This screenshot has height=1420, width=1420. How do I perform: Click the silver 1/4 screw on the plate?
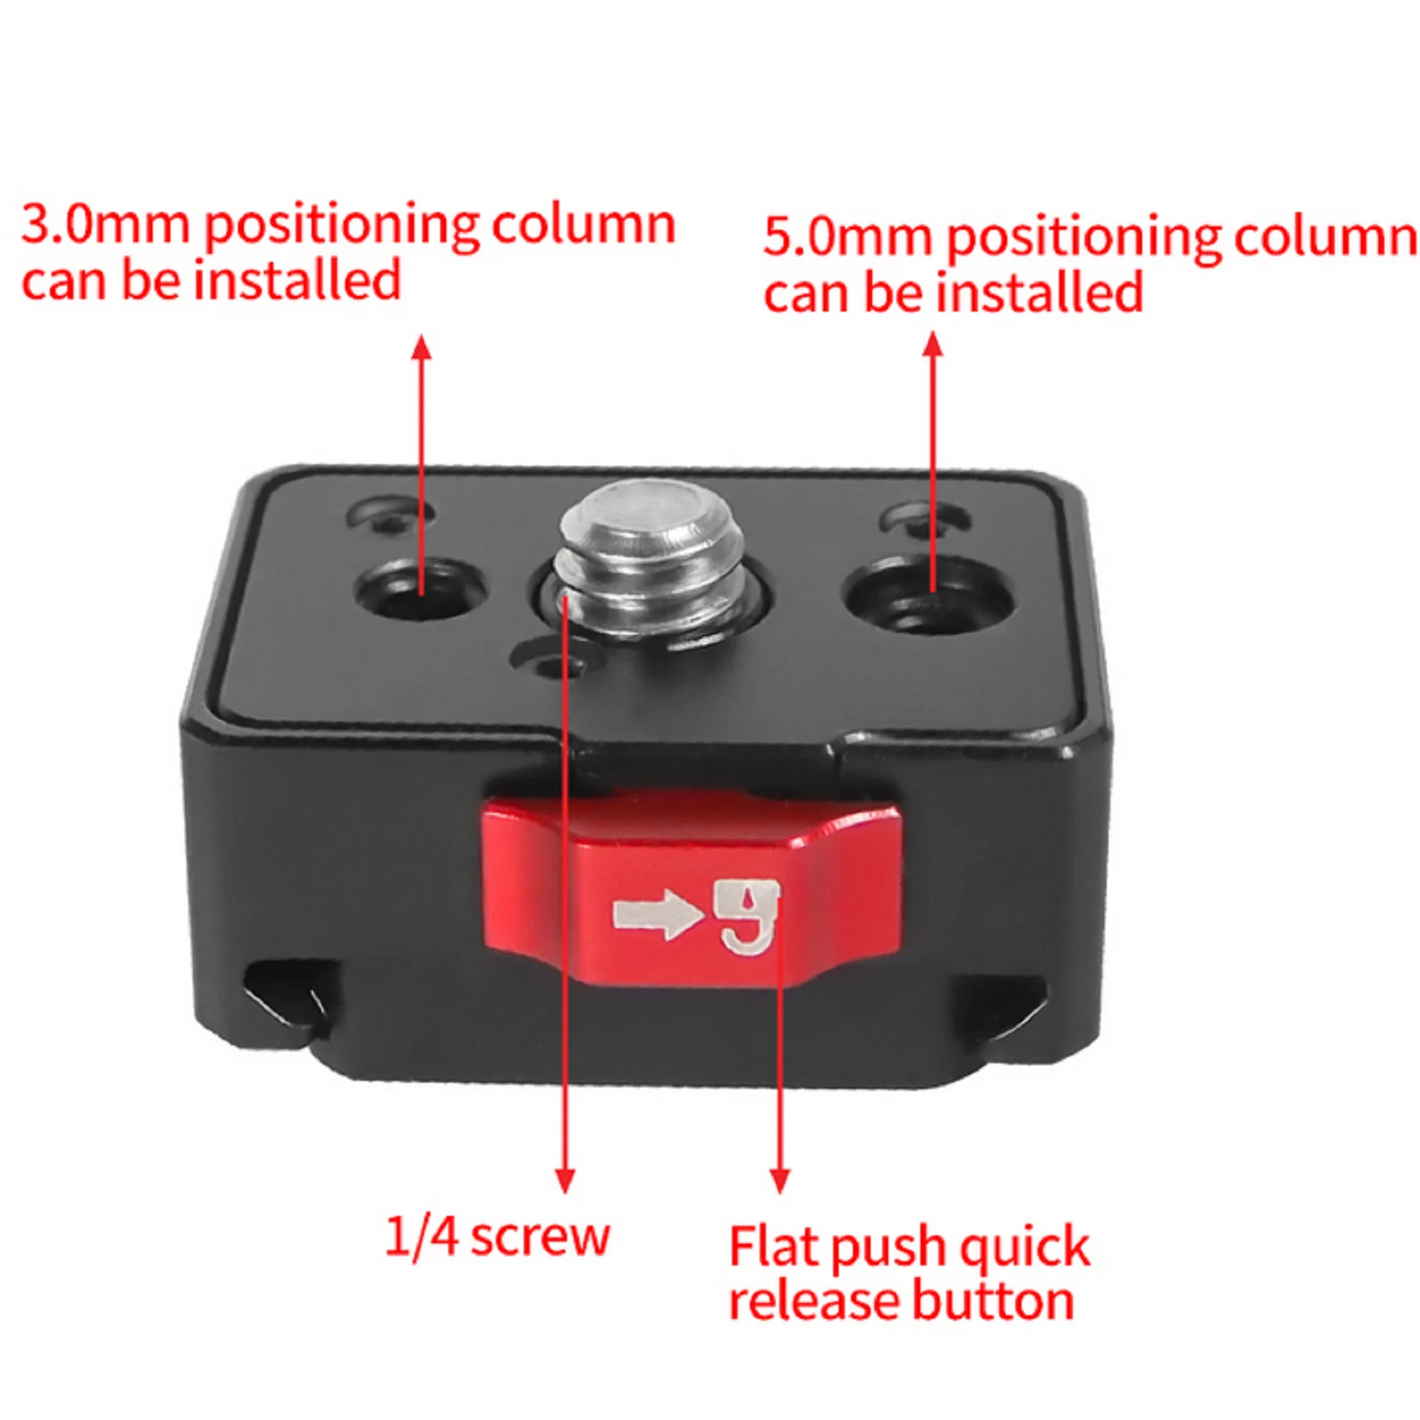click(x=650, y=559)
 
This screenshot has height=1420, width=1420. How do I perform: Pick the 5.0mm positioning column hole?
click(x=928, y=592)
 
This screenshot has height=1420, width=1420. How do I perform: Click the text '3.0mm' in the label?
click(x=105, y=224)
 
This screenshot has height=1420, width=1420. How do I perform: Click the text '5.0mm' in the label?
click(x=848, y=237)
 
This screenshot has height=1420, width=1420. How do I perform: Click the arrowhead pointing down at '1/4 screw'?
click(x=565, y=1180)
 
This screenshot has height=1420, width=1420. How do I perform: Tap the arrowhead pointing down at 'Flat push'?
click(x=780, y=1180)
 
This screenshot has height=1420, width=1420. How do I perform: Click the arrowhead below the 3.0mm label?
click(x=422, y=347)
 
